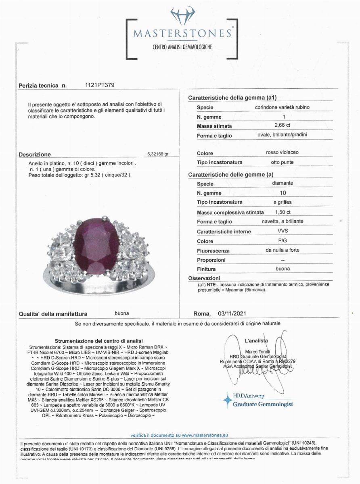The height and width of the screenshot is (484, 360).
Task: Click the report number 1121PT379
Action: [x=99, y=86]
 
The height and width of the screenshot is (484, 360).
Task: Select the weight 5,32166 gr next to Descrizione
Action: [x=158, y=154]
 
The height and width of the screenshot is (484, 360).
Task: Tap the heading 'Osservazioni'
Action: [x=204, y=278]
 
